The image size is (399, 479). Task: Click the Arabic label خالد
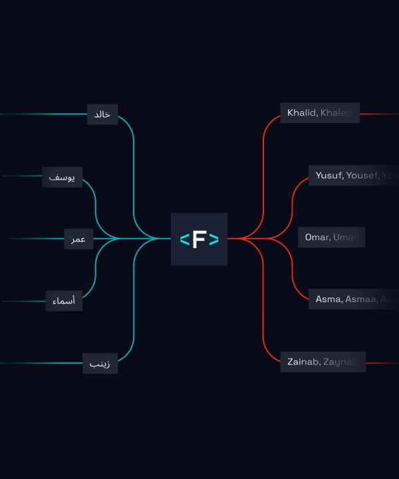click(102, 114)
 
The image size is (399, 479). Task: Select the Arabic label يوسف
click(62, 177)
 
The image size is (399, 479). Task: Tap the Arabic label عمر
click(78, 239)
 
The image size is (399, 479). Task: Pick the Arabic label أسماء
click(64, 301)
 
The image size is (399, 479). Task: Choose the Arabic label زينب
click(100, 363)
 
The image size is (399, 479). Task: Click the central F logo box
click(199, 239)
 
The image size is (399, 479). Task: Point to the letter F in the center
click(199, 239)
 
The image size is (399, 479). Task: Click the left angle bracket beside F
click(185, 239)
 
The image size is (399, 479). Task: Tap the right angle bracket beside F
click(213, 239)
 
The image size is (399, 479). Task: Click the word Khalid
click(301, 113)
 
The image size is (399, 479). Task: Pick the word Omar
click(317, 238)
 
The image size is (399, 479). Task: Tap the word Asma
click(329, 299)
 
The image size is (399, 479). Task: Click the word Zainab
click(303, 362)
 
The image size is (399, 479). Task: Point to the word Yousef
click(362, 176)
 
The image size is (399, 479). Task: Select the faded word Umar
click(344, 238)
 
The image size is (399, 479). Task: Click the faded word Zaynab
click(340, 362)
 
